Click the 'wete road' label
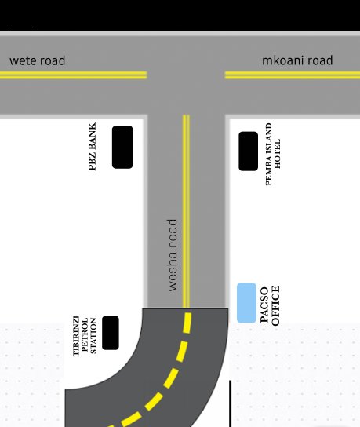pyautogui.click(x=38, y=60)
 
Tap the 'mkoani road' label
pyautogui.click(x=297, y=60)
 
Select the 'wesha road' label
pyautogui.click(x=173, y=255)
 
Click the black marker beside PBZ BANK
pyautogui.click(x=122, y=147)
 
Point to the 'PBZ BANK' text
pyautogui.click(x=93, y=147)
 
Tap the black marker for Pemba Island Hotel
pyautogui.click(x=248, y=151)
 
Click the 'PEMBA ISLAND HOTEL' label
pyautogui.click(x=273, y=154)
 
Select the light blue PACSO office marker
pyautogui.click(x=246, y=303)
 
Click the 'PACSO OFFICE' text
pyautogui.click(x=270, y=305)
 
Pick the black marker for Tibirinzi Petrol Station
pyautogui.click(x=111, y=333)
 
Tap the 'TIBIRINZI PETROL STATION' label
pyautogui.click(x=85, y=336)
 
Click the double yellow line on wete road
pyautogui.click(x=74, y=75)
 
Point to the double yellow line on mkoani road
pyautogui.click(x=293, y=75)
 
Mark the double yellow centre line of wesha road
pyautogui.click(x=186, y=211)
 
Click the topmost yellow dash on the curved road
pyautogui.click(x=187, y=323)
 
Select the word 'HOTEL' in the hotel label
pyautogui.click(x=277, y=154)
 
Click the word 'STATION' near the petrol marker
pyautogui.click(x=93, y=335)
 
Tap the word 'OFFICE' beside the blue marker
pyautogui.click(x=275, y=305)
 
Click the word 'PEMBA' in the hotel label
pyautogui.click(x=268, y=173)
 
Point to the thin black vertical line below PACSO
pyautogui.click(x=231, y=404)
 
